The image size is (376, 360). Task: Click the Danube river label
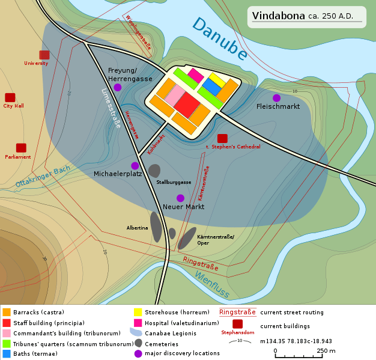219,40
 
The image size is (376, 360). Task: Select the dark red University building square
44,55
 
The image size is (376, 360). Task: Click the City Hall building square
10,97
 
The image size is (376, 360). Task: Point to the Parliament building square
21,148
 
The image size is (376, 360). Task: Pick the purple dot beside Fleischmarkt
276,98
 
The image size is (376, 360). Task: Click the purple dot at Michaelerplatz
135,166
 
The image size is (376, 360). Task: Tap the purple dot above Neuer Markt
180,198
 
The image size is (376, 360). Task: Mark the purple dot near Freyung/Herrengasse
118,87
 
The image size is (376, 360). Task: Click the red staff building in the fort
187,105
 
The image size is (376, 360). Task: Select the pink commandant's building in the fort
175,96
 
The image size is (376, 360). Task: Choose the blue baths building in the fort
211,86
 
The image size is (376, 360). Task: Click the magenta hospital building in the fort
195,75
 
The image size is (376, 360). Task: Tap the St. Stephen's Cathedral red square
222,138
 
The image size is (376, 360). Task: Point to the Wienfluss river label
211,284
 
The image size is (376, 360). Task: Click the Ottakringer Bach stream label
43,175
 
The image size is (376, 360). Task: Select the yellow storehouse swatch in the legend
138,312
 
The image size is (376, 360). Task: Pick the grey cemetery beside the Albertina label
156,227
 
